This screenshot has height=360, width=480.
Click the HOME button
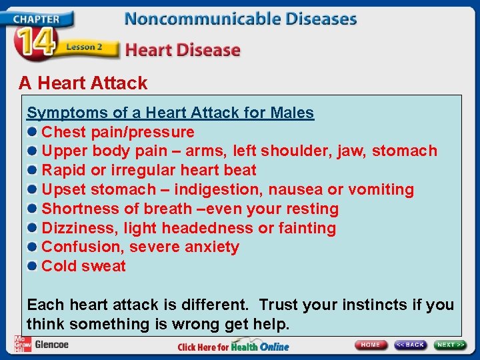point(371,345)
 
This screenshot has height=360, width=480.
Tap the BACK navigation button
point(410,345)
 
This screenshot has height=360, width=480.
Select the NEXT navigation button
point(450,345)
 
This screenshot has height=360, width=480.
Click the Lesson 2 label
point(84,47)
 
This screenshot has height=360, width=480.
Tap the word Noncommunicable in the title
point(189,18)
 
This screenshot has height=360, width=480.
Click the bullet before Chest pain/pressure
point(32,132)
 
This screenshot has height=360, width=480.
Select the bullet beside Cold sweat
point(32,266)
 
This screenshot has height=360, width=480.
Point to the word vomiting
point(381,190)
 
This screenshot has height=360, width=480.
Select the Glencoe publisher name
point(51,345)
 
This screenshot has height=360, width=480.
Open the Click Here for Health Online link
point(233,347)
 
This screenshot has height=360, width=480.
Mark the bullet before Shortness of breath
point(32,209)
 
